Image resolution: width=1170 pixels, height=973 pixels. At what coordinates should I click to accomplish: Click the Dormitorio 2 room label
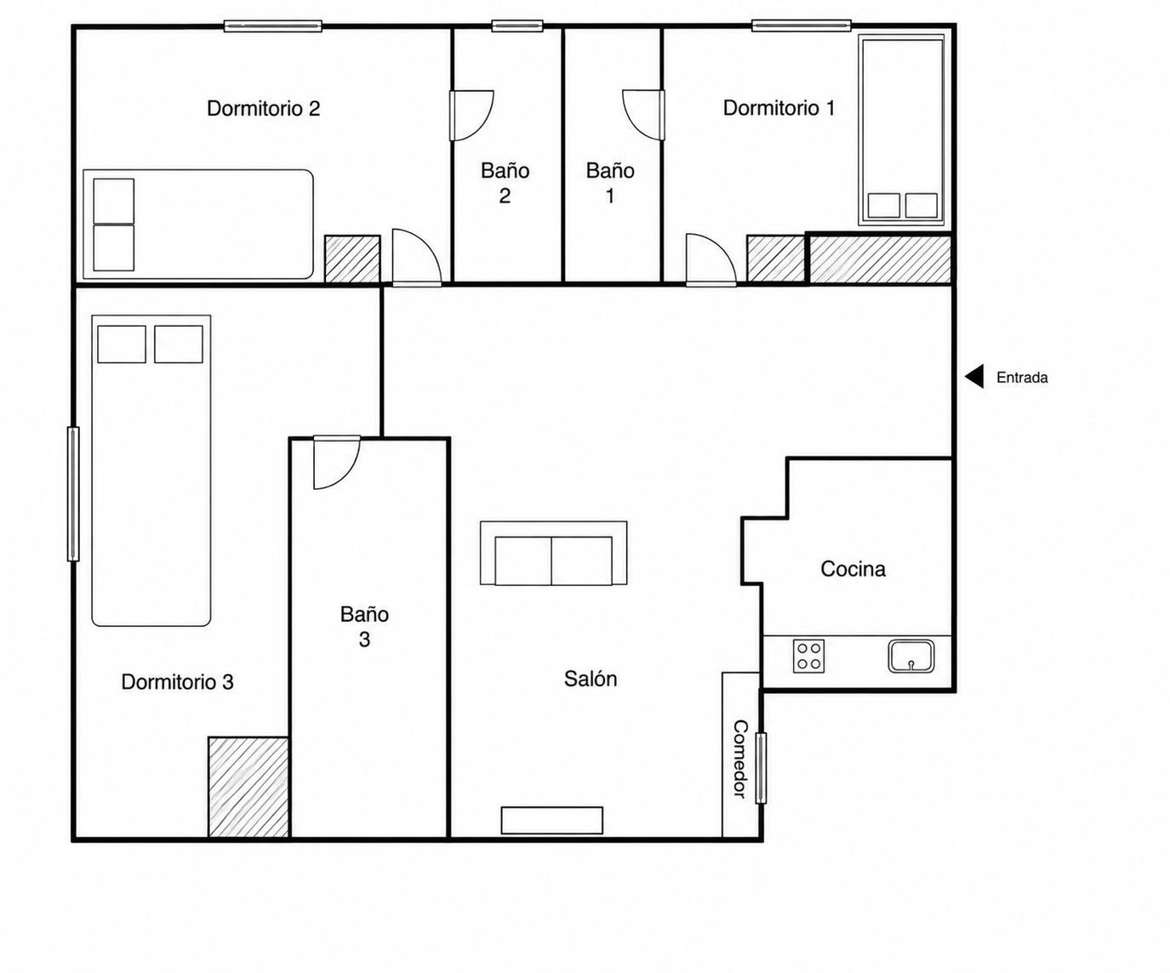pyautogui.click(x=264, y=108)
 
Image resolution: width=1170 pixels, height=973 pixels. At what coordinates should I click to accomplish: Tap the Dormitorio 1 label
pyautogui.click(x=779, y=107)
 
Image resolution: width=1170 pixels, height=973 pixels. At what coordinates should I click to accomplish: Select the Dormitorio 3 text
pyautogui.click(x=177, y=682)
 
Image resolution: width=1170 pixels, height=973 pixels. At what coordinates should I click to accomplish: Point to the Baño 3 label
pyautogui.click(x=364, y=627)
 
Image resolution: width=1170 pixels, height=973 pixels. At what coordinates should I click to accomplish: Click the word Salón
pyautogui.click(x=591, y=679)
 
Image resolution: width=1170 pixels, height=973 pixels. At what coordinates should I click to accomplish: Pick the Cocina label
pyautogui.click(x=853, y=569)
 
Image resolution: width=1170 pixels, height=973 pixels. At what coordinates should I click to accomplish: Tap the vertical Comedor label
pyautogui.click(x=740, y=759)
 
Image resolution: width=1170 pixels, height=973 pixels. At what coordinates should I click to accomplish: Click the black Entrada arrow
pyautogui.click(x=974, y=377)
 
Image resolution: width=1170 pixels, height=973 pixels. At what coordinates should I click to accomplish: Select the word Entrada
pyautogui.click(x=1022, y=378)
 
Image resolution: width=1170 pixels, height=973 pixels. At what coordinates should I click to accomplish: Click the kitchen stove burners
pyautogui.click(x=808, y=656)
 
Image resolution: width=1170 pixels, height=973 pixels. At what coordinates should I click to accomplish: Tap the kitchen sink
pyautogui.click(x=911, y=656)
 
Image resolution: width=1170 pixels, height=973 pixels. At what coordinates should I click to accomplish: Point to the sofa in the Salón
pyautogui.click(x=553, y=554)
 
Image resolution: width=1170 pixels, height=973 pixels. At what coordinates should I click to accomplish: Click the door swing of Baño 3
pyautogui.click(x=336, y=463)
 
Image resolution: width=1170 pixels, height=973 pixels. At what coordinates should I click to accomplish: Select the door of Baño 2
pyautogui.click(x=471, y=116)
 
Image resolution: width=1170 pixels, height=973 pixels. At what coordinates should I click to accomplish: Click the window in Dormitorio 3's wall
pyautogui.click(x=73, y=493)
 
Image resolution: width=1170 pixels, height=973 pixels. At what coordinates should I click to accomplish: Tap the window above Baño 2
pyautogui.click(x=517, y=26)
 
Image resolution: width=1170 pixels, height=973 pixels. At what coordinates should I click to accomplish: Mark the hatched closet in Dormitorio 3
pyautogui.click(x=248, y=787)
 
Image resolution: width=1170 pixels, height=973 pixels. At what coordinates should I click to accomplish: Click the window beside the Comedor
pyautogui.click(x=761, y=768)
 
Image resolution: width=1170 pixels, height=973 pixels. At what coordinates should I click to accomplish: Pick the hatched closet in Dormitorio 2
pyautogui.click(x=352, y=259)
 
